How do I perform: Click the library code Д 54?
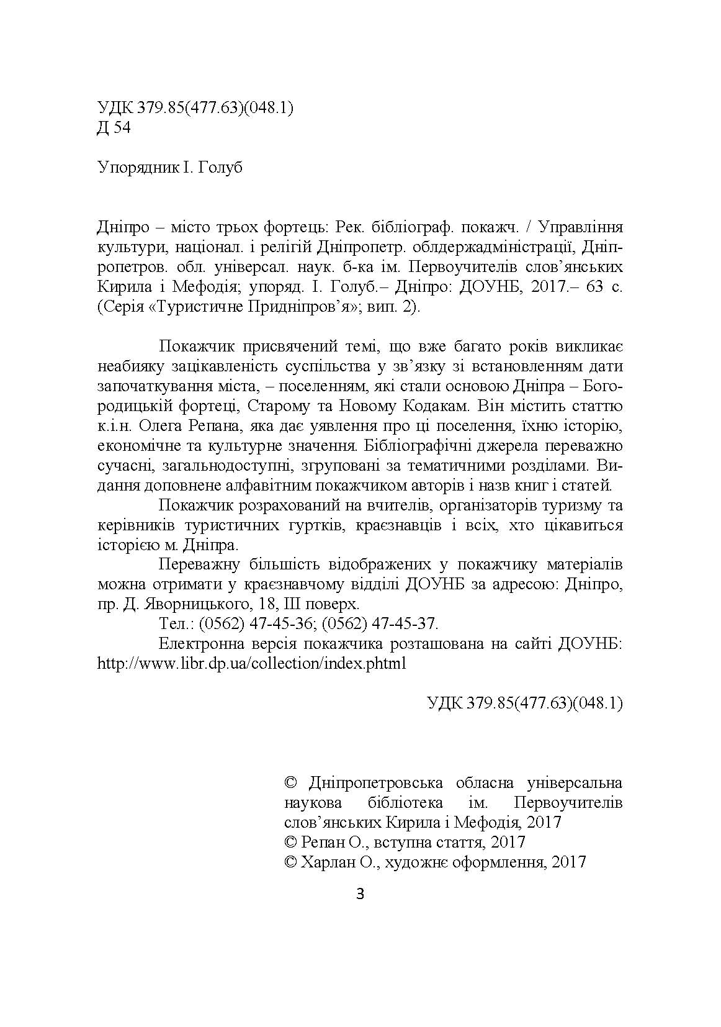[114, 128]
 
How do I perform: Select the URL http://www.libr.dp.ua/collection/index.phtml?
[252, 663]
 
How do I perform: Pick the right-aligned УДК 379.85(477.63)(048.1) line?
[525, 703]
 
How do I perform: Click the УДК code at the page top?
[195, 108]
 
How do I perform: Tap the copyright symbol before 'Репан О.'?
[290, 842]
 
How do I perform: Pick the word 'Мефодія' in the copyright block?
[482, 822]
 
